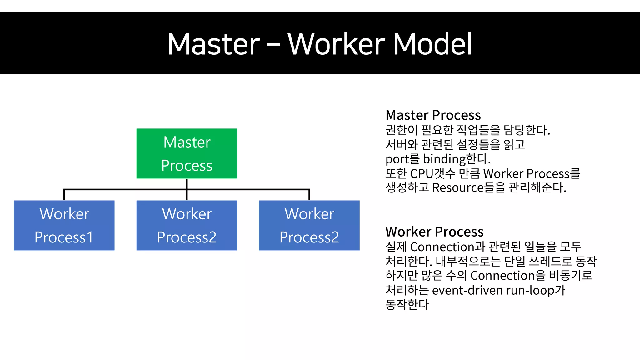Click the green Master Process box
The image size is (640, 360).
click(x=187, y=153)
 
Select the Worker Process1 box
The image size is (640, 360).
click(x=64, y=225)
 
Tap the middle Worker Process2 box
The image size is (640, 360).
click(x=187, y=225)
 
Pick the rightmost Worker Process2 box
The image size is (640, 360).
click(x=309, y=225)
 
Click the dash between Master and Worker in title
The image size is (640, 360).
click(x=273, y=45)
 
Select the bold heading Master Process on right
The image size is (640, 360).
click(x=433, y=115)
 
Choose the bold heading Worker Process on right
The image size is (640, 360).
click(x=434, y=232)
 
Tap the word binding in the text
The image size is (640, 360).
click(x=444, y=159)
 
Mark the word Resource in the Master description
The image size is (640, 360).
click(x=458, y=188)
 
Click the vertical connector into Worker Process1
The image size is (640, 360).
click(x=64, y=195)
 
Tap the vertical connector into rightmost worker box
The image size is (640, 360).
click(x=309, y=195)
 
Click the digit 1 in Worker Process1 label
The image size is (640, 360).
click(x=90, y=237)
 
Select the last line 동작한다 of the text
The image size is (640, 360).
click(x=407, y=304)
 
